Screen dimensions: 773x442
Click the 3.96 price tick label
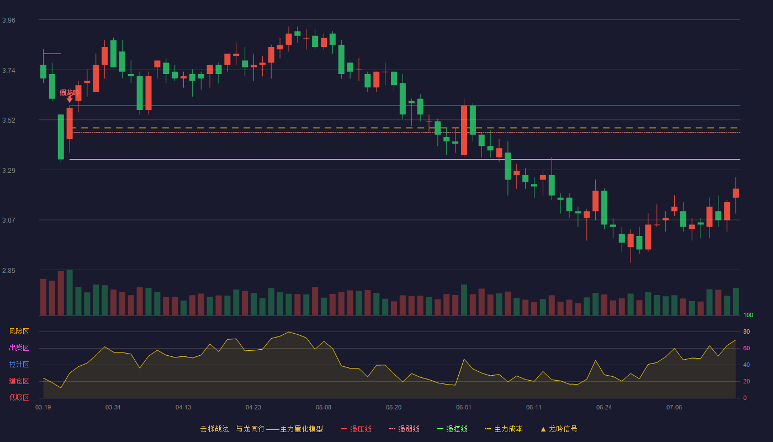pos(9,20)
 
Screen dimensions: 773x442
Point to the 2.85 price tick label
pos(9,271)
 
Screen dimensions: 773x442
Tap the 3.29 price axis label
pos(9,171)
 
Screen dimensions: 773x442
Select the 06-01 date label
pos(463,408)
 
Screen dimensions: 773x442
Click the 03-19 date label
pos(43,408)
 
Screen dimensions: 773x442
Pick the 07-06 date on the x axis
pos(674,408)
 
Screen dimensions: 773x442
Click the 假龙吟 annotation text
pos(70,93)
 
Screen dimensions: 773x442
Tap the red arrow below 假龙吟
pos(70,100)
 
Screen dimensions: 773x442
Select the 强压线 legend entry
pos(357,429)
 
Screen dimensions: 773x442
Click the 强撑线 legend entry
pos(452,429)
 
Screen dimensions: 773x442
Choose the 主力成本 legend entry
pos(504,429)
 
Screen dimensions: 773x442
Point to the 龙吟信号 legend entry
pos(559,429)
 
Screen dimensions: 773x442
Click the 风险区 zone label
pos(19,331)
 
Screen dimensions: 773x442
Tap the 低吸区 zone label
pos(19,398)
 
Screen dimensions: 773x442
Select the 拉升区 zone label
pos(19,365)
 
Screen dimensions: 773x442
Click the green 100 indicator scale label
pos(748,315)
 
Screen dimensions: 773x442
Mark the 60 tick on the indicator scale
pos(746,348)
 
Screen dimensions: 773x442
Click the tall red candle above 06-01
pos(464,130)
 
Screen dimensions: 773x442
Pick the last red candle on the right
pos(735,193)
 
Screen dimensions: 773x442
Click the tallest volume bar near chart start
pos(70,292)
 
